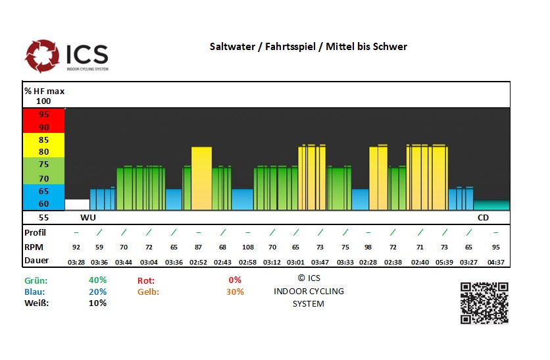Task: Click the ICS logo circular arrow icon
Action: (42, 56)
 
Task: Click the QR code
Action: (484, 303)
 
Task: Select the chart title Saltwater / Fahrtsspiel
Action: (308, 46)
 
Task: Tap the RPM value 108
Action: (247, 247)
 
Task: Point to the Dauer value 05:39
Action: (444, 261)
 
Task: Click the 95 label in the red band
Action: (43, 114)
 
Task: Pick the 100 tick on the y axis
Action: (43, 101)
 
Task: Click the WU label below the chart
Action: (87, 217)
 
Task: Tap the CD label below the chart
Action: (484, 217)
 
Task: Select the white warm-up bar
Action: (77, 204)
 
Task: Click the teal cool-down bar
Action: (491, 205)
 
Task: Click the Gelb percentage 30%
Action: (235, 292)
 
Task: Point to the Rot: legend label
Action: (146, 280)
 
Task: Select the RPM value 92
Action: (76, 247)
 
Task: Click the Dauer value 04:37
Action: (495, 261)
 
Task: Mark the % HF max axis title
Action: (44, 91)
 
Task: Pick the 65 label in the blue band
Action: (43, 191)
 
